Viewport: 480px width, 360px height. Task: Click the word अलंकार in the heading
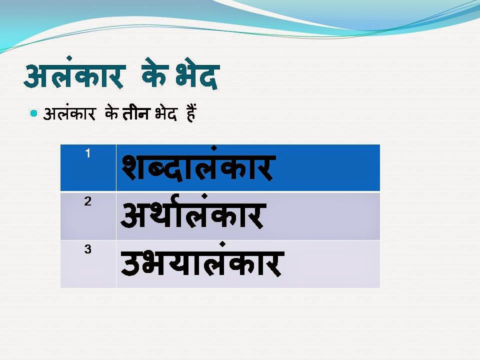point(74,76)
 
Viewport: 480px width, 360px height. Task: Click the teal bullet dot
point(34,113)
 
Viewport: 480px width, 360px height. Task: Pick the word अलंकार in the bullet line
point(69,114)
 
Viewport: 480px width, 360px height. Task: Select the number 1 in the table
point(88,154)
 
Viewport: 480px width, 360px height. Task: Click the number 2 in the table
point(88,202)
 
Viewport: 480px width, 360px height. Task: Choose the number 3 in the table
point(88,249)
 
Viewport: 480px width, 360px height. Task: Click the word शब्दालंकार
point(197,168)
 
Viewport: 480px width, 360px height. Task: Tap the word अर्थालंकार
point(191,215)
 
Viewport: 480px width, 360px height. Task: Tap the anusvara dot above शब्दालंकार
point(213,148)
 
